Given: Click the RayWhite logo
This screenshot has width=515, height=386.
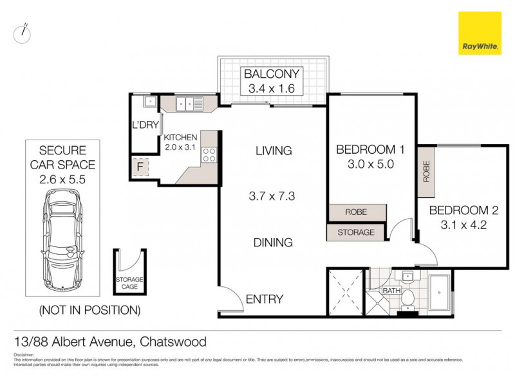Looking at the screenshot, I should point(479,33).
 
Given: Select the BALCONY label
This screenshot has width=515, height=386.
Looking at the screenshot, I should point(270,75).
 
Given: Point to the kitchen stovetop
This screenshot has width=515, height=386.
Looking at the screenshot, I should point(209,154).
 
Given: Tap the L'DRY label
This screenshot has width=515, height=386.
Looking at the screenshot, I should point(145,125).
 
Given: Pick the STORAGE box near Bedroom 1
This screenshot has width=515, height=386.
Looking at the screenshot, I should point(356,232).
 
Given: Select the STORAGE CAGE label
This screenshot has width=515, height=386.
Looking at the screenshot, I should point(129,283).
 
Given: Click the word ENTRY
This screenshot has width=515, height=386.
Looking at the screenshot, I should point(264,299).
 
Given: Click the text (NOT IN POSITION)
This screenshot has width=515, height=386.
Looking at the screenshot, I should point(89,310).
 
